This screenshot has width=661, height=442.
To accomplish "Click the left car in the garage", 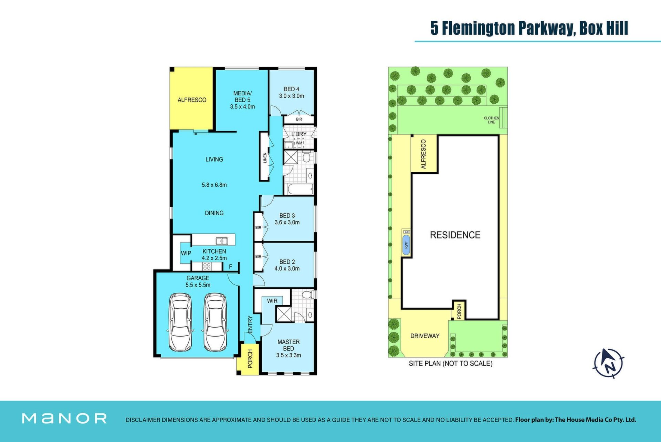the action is point(180,322).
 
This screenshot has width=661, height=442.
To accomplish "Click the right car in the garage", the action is point(216,322).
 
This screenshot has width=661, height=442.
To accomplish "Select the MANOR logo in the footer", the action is point(64,419).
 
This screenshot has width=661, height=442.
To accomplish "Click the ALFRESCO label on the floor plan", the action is point(192,100).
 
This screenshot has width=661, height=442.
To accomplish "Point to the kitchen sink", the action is point(221,241).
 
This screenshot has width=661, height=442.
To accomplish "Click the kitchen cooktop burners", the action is point(207,266).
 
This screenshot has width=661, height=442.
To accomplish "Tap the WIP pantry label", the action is point(186,253).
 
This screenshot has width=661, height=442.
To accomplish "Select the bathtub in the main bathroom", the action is point(300,189).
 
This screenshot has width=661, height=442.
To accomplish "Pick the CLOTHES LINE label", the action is point(491,120).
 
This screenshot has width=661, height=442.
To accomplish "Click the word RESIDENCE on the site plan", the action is point(455,235).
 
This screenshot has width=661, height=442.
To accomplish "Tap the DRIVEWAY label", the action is point(425,336).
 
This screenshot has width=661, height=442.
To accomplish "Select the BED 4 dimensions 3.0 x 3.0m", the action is point(292,96).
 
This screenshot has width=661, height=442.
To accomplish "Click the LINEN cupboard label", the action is point(265,158).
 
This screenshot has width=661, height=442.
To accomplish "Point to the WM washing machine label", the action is point(299,143).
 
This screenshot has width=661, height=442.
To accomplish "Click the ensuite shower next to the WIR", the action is point(283,314).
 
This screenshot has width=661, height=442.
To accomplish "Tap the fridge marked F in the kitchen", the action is point(231,266).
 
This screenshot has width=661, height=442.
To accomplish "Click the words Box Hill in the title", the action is point(604,28).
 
